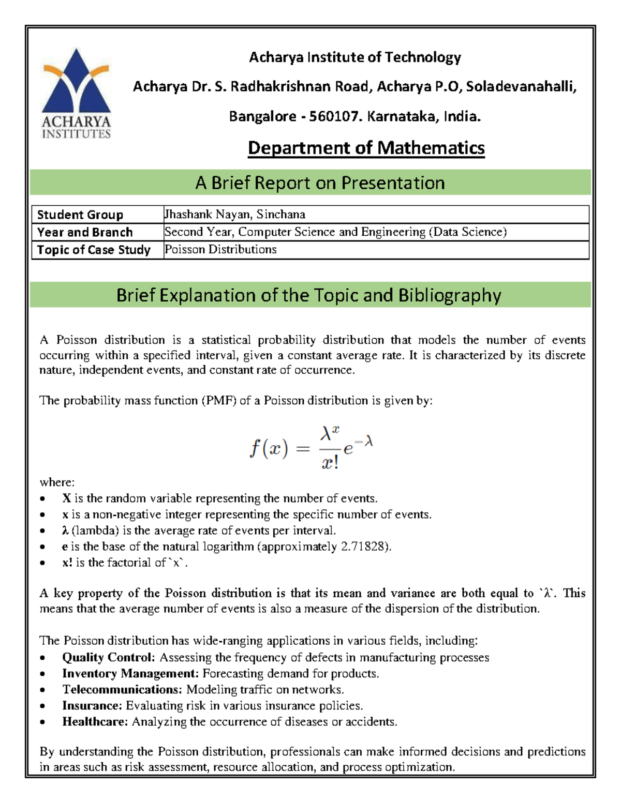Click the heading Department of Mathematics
pos(366,148)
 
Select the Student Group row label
pos(80,215)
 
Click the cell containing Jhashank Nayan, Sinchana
pos(235,214)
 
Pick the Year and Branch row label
pos(85,232)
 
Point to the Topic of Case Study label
pos(94,250)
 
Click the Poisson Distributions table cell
pos(221,249)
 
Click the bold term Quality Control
pos(108,657)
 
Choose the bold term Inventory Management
pos(130,673)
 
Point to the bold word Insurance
pos(92,705)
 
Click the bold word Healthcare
pos(95,721)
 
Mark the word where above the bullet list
pos(57,482)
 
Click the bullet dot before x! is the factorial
pos(43,563)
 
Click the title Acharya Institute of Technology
pos(355,57)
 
